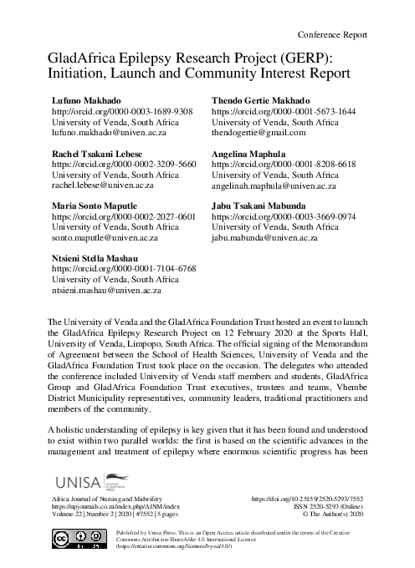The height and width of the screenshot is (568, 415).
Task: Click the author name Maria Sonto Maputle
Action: [x=100, y=205]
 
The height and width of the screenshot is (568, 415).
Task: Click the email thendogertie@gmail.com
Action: [x=259, y=132]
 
